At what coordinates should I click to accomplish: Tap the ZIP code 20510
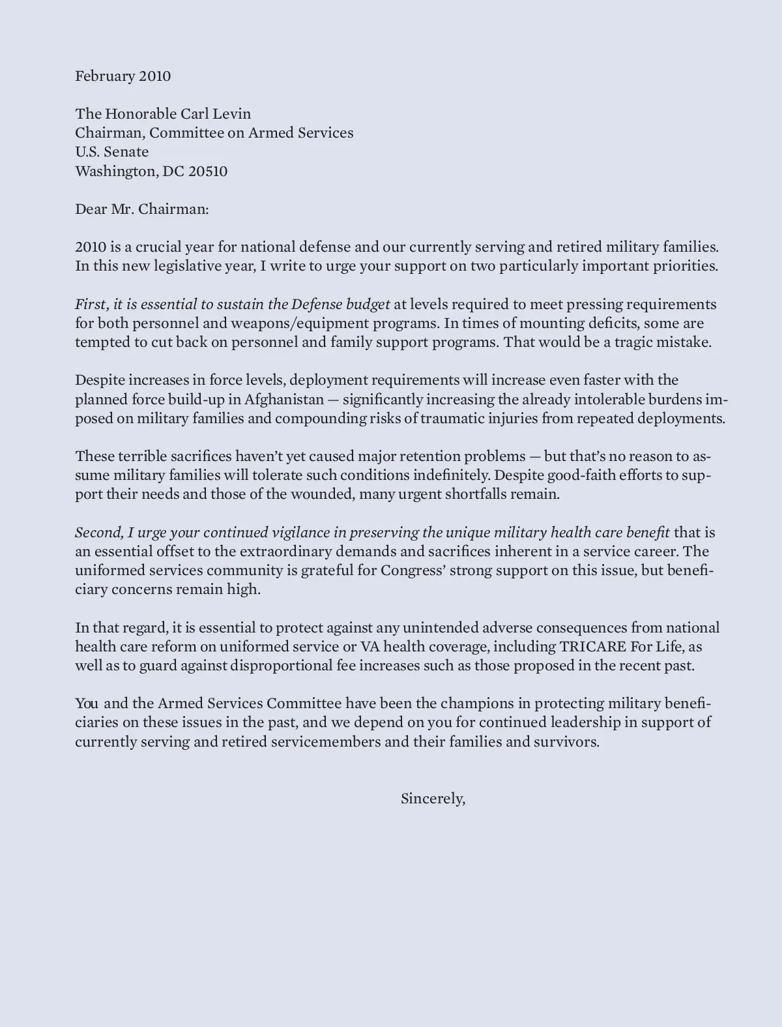pos(208,171)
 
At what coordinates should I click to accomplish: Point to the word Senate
pos(126,152)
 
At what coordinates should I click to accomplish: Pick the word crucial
pos(139,247)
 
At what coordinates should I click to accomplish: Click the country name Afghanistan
pos(284,400)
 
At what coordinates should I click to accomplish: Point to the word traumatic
pos(451,419)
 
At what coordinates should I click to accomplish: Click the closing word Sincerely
pos(432,799)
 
